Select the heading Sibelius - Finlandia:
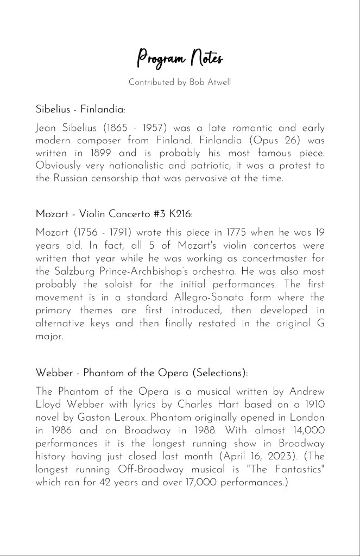point(80,109)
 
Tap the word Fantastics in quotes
point(292,469)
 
